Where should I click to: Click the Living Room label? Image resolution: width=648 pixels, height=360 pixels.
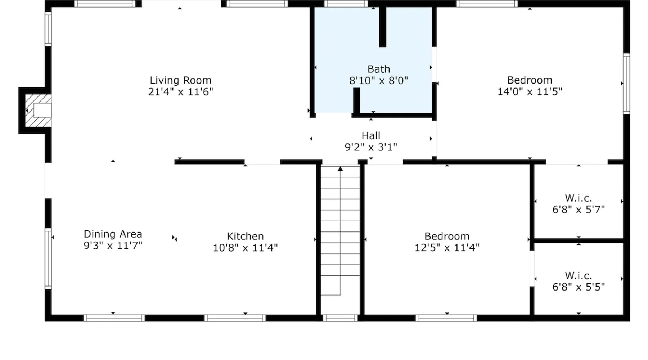click(x=180, y=80)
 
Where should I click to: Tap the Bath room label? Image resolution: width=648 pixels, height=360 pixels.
click(x=379, y=69)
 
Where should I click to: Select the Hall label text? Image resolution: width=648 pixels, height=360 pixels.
click(x=371, y=136)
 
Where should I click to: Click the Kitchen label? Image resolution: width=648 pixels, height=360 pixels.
click(x=245, y=236)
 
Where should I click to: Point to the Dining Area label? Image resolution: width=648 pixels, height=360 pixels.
click(x=113, y=234)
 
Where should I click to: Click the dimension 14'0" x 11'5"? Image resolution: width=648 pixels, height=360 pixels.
click(x=530, y=91)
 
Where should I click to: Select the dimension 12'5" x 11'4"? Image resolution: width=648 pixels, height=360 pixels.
click(x=447, y=248)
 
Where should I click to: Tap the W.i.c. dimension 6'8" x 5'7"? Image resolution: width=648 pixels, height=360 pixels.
click(x=579, y=210)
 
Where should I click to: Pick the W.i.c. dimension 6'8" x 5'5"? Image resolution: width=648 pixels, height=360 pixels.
click(x=579, y=287)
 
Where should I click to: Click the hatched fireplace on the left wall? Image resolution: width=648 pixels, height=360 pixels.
click(x=37, y=111)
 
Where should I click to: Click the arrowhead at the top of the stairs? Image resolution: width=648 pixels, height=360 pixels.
click(x=340, y=169)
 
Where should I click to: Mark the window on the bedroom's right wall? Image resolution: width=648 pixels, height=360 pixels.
click(x=626, y=84)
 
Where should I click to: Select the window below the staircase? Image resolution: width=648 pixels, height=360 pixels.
click(x=340, y=318)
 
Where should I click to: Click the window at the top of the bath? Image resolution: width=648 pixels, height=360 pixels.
click(x=346, y=4)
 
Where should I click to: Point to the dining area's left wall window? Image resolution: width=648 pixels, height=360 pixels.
click(x=48, y=258)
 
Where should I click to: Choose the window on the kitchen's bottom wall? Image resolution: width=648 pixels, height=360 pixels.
click(x=235, y=318)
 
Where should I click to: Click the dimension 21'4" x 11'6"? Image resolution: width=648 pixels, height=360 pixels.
click(x=180, y=92)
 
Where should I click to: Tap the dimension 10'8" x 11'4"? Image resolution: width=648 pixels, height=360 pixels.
click(x=245, y=248)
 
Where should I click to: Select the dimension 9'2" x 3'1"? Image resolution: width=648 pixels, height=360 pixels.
click(x=371, y=147)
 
